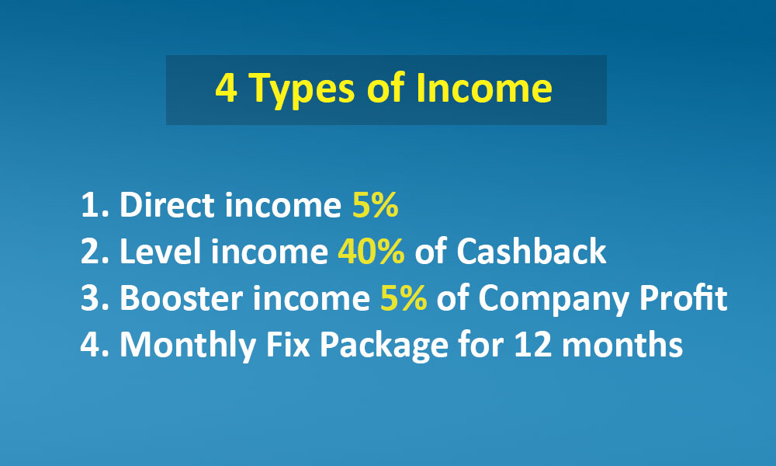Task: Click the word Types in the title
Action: point(301,89)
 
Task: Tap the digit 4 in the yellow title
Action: point(226,88)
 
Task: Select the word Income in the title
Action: point(484,88)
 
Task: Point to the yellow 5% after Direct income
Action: point(375,204)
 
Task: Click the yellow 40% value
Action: point(371,251)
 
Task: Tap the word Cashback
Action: point(531,251)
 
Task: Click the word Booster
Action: point(181,297)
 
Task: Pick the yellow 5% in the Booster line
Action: point(404,297)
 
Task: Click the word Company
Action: point(553,300)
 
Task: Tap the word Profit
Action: point(684,297)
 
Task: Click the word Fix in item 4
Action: point(288,344)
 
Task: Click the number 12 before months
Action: point(533,344)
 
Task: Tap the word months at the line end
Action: point(622,344)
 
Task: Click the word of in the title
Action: point(386,88)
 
